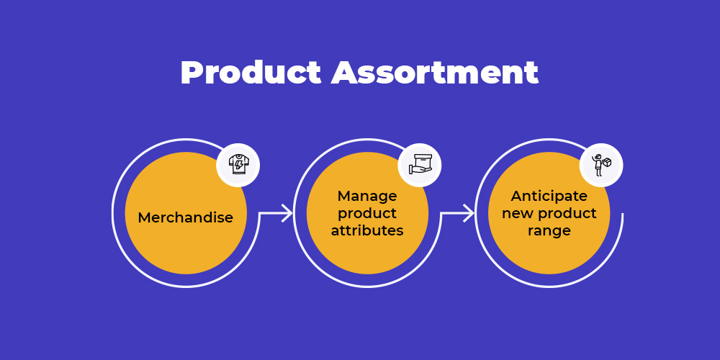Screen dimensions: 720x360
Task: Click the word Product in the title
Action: pos(251,73)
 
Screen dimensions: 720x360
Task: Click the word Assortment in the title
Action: pos(434,73)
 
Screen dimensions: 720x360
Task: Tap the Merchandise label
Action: pos(186,217)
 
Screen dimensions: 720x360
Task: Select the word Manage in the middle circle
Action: pos(367,196)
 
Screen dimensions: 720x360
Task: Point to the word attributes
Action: pos(367,230)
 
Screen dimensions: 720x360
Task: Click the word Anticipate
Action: pos(549,196)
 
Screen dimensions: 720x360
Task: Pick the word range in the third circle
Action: pos(549,231)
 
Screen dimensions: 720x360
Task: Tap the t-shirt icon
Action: pos(239,165)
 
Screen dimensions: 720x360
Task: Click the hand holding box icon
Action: pos(420,165)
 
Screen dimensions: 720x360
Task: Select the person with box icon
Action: pos(601,165)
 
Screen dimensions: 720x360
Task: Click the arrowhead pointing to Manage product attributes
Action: pos(287,213)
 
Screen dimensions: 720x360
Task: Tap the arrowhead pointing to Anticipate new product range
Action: pos(468,213)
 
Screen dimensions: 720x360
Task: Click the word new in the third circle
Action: pos(518,214)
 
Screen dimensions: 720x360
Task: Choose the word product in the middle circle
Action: pos(367,214)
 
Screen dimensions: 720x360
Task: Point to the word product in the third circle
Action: pos(567,214)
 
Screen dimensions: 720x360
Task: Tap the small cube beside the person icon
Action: pos(607,162)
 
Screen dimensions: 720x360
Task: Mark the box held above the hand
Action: pos(423,161)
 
